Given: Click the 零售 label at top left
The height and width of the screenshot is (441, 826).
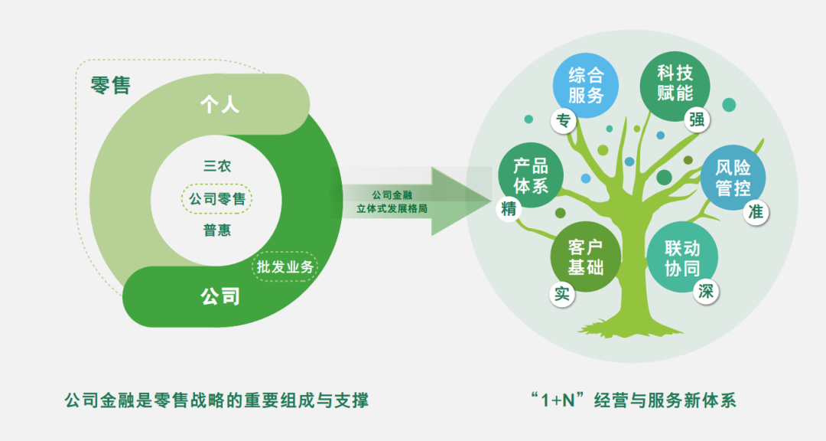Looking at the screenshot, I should pyautogui.click(x=111, y=85).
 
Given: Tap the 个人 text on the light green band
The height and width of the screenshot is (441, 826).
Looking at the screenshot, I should pyautogui.click(x=220, y=105).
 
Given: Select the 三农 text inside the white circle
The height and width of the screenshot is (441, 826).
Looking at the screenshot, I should pyautogui.click(x=217, y=165).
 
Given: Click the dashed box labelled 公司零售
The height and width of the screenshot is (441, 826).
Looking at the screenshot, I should pyautogui.click(x=217, y=199).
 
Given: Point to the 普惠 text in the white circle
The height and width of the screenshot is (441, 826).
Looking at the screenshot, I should pyautogui.click(x=217, y=230).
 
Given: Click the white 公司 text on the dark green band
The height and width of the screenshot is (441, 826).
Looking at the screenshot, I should pyautogui.click(x=220, y=296).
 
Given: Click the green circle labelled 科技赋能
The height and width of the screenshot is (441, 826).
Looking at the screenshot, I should pyautogui.click(x=675, y=83).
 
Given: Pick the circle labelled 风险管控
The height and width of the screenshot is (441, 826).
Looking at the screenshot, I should pyautogui.click(x=733, y=178).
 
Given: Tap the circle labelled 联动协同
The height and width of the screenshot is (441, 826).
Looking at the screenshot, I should pyautogui.click(x=682, y=260).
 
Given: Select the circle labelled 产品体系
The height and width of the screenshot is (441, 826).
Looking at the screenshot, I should pyautogui.click(x=531, y=175).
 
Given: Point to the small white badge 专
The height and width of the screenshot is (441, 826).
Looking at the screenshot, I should pyautogui.click(x=564, y=119).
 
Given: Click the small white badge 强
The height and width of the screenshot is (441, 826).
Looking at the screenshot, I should pyautogui.click(x=696, y=119).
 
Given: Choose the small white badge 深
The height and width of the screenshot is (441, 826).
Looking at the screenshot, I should pyautogui.click(x=705, y=291).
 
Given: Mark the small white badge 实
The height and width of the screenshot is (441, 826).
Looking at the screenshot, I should pyautogui.click(x=563, y=293).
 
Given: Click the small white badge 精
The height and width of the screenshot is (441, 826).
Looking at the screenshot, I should pyautogui.click(x=509, y=209).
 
